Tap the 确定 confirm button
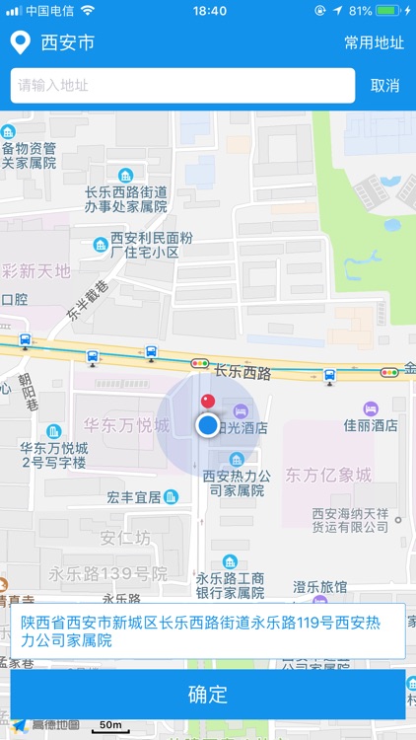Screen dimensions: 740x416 [x=208, y=695]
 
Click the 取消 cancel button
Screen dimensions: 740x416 [x=384, y=86]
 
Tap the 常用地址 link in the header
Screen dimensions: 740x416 [x=374, y=42]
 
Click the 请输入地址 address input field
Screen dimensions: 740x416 [x=183, y=86]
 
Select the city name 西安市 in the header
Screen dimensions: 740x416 [x=68, y=42]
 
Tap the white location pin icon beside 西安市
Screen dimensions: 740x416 [x=19, y=42]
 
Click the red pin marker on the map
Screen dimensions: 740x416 [x=207, y=402]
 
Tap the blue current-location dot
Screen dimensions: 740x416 [x=207, y=425]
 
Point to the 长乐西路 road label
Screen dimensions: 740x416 [x=243, y=372]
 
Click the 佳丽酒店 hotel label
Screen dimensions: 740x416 [x=371, y=426]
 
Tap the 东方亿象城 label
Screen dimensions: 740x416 [x=328, y=476]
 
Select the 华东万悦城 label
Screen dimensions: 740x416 [x=126, y=426]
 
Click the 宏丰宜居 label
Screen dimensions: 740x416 [x=134, y=497]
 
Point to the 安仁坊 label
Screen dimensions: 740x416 [x=125, y=539]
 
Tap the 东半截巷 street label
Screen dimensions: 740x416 [x=87, y=299]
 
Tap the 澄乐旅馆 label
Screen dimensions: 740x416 [x=320, y=587]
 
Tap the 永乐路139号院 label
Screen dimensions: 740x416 [x=108, y=573]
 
